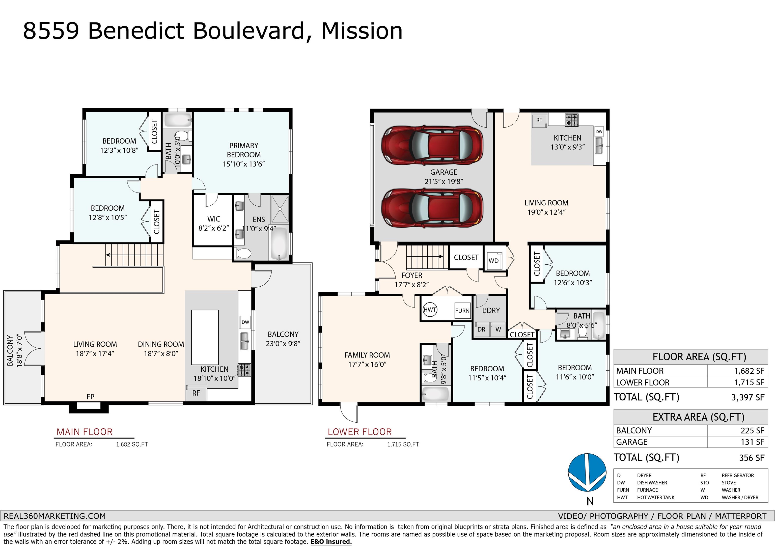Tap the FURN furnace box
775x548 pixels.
click(462, 311)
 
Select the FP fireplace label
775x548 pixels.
click(91, 397)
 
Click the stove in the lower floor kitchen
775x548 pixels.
click(571, 120)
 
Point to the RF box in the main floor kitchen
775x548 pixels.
click(196, 393)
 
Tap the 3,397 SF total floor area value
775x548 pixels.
click(748, 397)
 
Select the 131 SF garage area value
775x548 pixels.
click(752, 442)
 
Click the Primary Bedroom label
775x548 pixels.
click(244, 150)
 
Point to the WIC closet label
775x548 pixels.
click(214, 219)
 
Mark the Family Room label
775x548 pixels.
click(367, 355)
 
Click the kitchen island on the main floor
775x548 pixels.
click(205, 337)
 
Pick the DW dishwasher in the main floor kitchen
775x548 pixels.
click(245, 322)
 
